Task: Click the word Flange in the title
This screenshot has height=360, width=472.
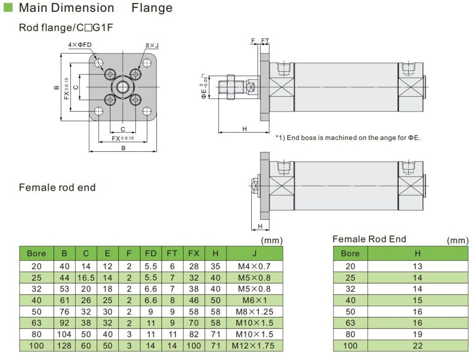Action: [152, 8]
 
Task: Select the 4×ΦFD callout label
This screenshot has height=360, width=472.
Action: [80, 45]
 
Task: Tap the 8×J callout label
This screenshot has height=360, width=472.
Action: [152, 45]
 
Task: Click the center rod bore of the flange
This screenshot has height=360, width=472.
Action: [123, 87]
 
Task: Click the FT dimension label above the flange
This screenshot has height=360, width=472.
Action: [265, 41]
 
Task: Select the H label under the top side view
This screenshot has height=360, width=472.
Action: [244, 129]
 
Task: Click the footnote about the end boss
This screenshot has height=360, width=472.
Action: [348, 138]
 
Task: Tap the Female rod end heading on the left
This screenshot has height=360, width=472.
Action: [57, 187]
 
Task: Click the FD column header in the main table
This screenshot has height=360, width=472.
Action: [151, 253]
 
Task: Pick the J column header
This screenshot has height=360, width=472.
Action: [254, 253]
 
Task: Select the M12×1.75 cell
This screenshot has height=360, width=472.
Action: [254, 346]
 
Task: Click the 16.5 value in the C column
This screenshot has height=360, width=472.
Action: [86, 277]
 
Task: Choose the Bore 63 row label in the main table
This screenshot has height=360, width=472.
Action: [36, 323]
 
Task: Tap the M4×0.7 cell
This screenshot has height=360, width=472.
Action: [254, 266]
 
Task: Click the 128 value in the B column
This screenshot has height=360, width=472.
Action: [65, 346]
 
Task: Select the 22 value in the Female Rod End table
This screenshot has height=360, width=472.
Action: [417, 346]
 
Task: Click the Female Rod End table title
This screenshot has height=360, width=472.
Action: [369, 239]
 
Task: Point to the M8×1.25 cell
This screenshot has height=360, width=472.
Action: [254, 312]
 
